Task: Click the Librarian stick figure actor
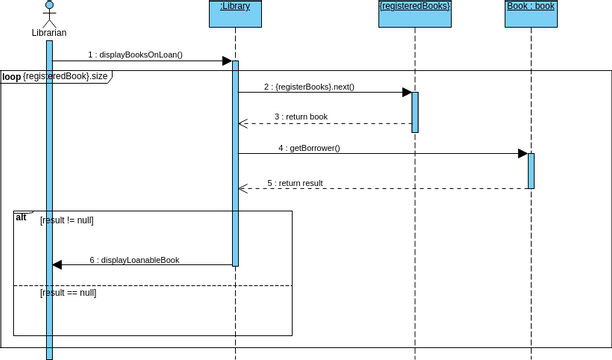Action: [48, 13]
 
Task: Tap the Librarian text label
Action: [48, 33]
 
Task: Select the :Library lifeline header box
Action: [235, 14]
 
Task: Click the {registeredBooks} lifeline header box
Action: [414, 14]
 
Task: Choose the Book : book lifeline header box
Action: [531, 14]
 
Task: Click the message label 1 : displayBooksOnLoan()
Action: [135, 55]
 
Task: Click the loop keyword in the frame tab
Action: [11, 76]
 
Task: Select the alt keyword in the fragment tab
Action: [21, 216]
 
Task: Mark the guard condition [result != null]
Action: [67, 219]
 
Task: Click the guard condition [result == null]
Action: [68, 292]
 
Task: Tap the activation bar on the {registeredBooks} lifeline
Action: [414, 112]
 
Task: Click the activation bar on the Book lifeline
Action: [531, 170]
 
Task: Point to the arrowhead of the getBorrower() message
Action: [522, 154]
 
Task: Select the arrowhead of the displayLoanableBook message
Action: [57, 265]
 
